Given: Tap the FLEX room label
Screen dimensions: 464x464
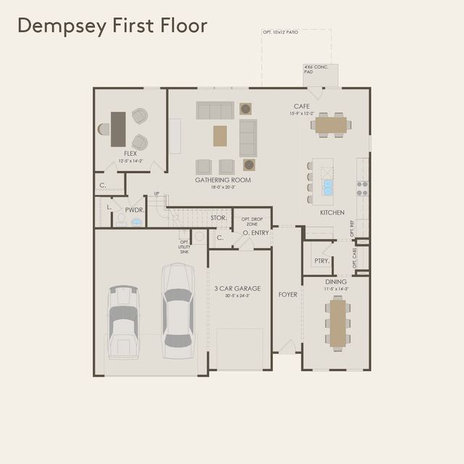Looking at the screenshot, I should tap(130, 154).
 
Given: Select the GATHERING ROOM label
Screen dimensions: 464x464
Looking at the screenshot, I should tap(223, 180).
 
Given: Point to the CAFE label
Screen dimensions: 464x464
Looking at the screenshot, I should tap(302, 106).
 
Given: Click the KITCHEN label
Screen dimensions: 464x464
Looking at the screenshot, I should tap(332, 213).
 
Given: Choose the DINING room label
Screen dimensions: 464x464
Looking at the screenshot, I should tap(336, 281).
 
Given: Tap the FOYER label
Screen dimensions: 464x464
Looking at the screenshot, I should tap(288, 294).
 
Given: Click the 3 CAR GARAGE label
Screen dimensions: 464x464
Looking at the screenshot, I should tap(237, 289).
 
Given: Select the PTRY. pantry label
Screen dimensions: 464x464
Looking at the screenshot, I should tap(322, 260).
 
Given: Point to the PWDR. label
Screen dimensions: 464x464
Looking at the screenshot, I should tap(135, 210).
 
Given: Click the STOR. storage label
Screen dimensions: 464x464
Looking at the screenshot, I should tap(218, 217).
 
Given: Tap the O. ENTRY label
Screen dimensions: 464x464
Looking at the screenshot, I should tap(256, 233).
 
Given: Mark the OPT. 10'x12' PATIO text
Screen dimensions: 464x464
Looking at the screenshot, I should tap(281, 33).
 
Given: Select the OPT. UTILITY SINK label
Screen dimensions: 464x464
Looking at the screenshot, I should tap(185, 246).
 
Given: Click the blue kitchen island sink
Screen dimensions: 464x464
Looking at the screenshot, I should tap(328, 187).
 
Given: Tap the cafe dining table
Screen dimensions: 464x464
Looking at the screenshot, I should tap(331, 125).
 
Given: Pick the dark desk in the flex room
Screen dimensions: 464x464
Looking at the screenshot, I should tap(117, 128).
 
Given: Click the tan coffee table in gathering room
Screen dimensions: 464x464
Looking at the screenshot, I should tap(219, 135).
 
